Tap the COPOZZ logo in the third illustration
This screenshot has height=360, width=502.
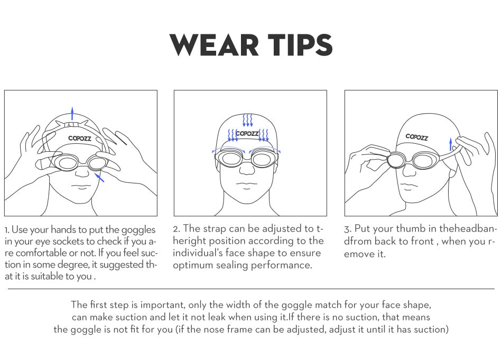pos(417,136)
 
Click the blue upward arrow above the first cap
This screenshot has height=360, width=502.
pos(72,112)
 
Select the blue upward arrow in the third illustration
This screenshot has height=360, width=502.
pos(450,144)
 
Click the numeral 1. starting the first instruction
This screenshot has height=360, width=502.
pos(7,230)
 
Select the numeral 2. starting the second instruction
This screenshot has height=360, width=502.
pos(176,229)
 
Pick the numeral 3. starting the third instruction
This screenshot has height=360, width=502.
pos(348,229)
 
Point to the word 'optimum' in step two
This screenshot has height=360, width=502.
pos(192,265)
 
